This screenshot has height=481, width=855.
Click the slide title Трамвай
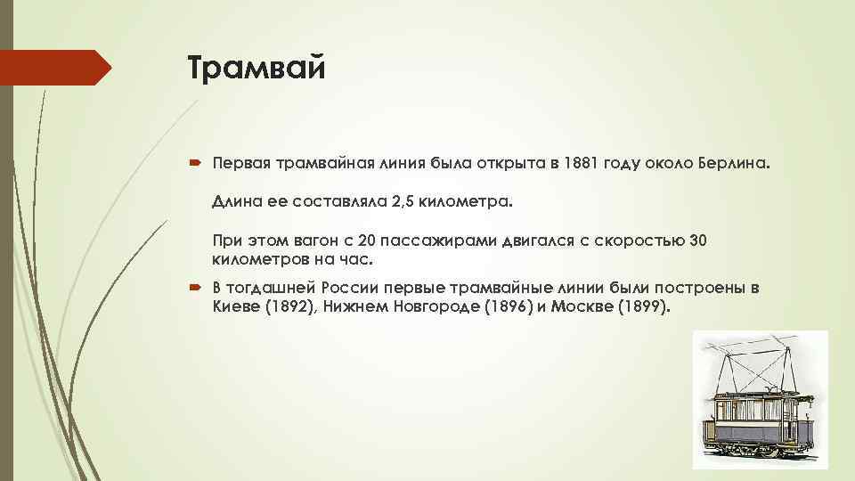257,68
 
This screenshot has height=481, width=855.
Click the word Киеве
232,307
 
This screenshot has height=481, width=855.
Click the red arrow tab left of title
53,68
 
